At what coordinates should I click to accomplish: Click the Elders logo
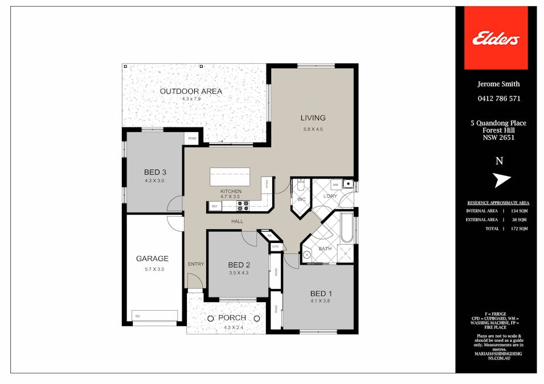(x=496, y=39)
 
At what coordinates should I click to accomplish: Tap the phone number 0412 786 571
(x=498, y=98)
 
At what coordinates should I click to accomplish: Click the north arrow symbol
(x=501, y=180)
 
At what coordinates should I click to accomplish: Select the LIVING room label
(x=313, y=118)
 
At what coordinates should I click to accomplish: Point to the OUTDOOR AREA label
(x=191, y=91)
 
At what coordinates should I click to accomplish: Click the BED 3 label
(x=154, y=172)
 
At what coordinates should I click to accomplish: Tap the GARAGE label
(x=152, y=259)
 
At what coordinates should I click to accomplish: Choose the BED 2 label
(x=239, y=265)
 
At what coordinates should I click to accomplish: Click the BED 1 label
(x=321, y=294)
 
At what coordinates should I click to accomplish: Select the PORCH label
(x=232, y=318)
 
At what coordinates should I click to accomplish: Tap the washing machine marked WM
(x=335, y=185)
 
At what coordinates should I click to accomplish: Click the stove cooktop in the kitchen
(x=243, y=205)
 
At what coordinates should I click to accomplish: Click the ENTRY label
(x=195, y=264)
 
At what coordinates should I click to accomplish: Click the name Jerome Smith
(x=498, y=84)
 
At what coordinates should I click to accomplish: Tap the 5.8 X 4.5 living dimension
(x=313, y=129)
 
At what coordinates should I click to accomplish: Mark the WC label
(x=301, y=200)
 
